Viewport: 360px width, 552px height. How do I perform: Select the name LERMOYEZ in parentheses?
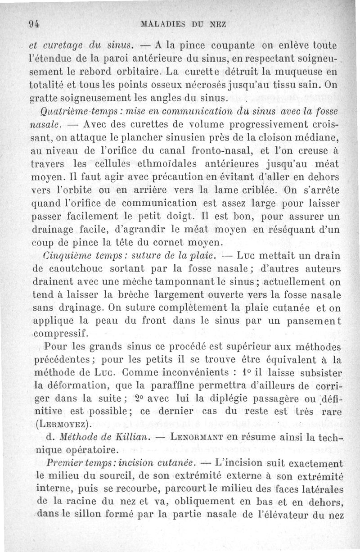pos(63,424)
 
